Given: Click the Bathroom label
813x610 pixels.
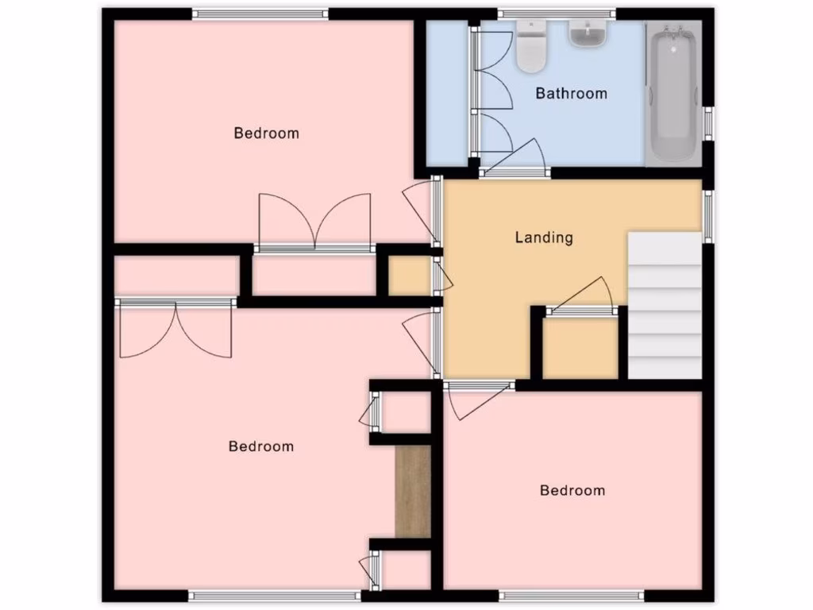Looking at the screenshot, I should point(571,93).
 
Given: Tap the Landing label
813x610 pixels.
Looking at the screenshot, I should point(544,237).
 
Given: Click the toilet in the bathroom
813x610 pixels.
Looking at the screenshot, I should point(530,45).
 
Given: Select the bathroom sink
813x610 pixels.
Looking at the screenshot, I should point(588,33).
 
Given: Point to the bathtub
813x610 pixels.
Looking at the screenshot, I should point(673,94).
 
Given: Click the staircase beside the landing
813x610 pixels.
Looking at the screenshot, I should point(665,305).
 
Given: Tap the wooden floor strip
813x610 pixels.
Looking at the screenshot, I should point(413,491).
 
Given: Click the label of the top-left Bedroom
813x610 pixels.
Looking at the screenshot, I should point(266,133).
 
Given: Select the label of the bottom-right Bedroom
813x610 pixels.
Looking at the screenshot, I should point(572,490).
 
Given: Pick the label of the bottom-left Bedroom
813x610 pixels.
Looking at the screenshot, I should point(260,446).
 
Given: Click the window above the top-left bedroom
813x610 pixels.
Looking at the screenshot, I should point(260,13).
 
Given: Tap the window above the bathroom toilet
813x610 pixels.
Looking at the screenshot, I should point(557,13).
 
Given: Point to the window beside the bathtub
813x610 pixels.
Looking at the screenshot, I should point(708,124).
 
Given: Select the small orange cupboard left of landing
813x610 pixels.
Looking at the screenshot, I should point(408,276).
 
